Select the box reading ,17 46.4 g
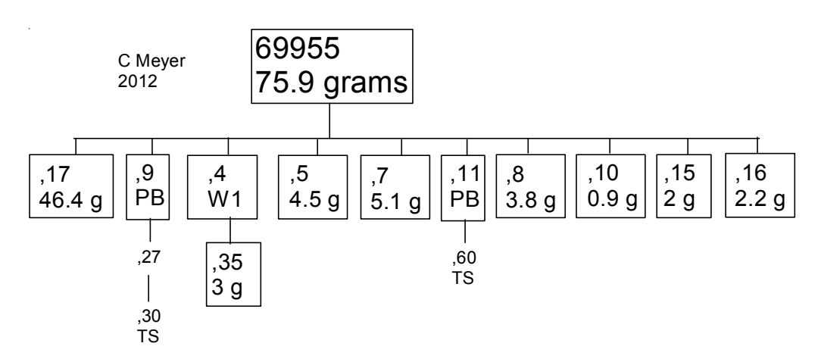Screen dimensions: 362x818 pos(67,187)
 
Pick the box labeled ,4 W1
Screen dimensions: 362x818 pos(228,187)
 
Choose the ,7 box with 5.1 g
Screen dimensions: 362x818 pos(391,187)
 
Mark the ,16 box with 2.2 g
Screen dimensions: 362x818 pos(759,186)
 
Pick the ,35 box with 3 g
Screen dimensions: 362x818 pos(234,273)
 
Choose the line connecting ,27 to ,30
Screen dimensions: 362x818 pos(149,289)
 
